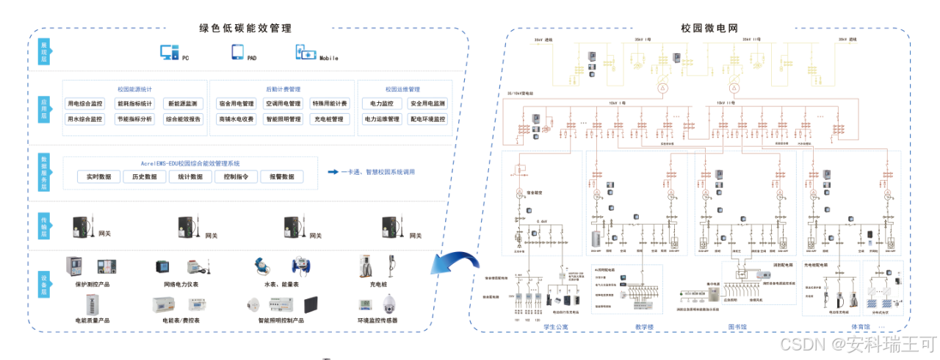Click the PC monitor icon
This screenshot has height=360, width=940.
(x=170, y=52)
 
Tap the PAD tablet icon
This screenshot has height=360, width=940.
(x=238, y=52)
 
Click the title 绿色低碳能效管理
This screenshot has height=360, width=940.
(x=245, y=29)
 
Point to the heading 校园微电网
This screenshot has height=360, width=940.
(x=709, y=29)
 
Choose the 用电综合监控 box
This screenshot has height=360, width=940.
(x=85, y=104)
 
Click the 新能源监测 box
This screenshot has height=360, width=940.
(x=184, y=104)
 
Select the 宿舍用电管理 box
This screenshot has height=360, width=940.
(x=236, y=104)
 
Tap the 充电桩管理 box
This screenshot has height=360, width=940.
(x=328, y=119)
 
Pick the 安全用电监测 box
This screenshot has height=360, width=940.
(x=427, y=104)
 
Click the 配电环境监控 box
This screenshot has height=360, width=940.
(x=427, y=119)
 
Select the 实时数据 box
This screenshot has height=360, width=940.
(x=98, y=177)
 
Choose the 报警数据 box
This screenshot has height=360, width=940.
(x=281, y=177)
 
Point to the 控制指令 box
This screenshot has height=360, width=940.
(x=236, y=177)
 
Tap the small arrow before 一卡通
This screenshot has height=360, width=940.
(x=332, y=173)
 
